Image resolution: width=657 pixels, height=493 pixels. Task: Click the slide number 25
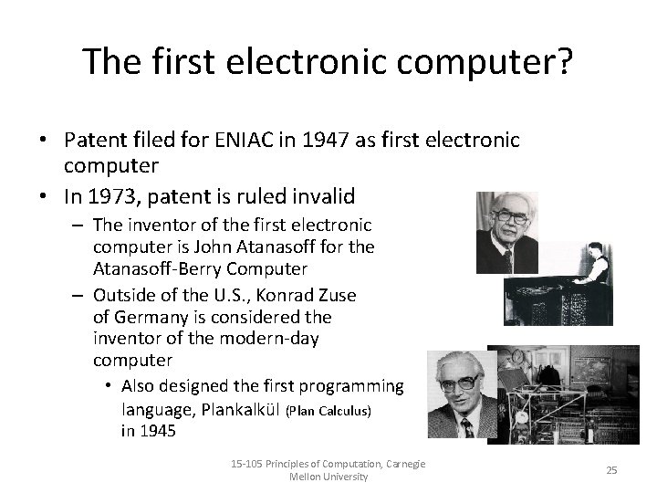pyautogui.click(x=611, y=470)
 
